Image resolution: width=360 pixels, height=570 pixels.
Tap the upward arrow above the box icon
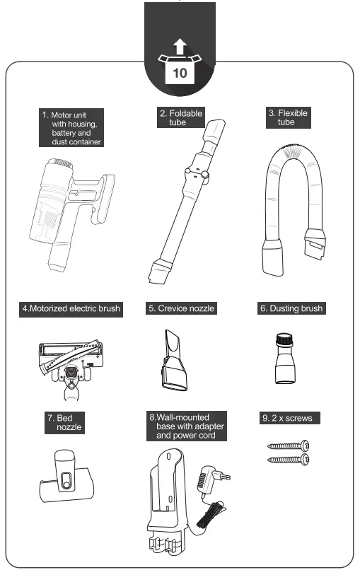point(180,48)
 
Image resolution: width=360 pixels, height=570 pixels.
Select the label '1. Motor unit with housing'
point(71,128)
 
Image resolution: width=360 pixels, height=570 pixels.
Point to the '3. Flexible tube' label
point(288,117)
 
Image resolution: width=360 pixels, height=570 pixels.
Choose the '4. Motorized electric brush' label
point(71,309)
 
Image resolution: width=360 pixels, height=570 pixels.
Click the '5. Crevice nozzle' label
point(181,309)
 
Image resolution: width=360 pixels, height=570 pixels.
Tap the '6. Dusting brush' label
point(290,309)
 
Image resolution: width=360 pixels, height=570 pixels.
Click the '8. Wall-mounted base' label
point(187,427)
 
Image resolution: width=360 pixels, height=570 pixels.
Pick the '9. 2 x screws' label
point(290,419)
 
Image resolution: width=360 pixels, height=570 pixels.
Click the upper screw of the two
point(288,446)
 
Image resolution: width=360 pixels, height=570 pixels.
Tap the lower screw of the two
point(288,460)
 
